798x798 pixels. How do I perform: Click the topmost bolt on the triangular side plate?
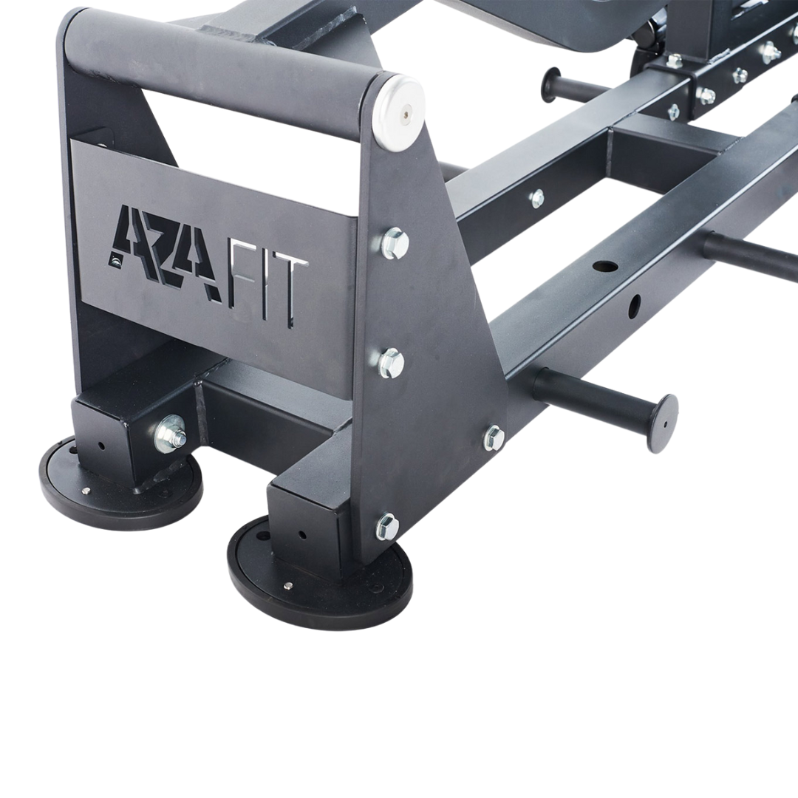coord(395,242)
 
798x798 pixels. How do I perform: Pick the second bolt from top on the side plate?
coord(392,362)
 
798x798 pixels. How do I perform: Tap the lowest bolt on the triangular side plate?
coord(387,526)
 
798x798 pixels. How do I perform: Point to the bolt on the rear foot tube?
coord(171,434)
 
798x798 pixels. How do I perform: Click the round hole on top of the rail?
coord(605,265)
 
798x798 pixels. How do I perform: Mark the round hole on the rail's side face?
coord(633,305)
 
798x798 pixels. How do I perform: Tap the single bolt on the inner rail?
coord(537,198)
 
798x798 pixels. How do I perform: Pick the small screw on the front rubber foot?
coord(288,586)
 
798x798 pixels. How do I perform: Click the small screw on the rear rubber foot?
coord(87,491)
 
